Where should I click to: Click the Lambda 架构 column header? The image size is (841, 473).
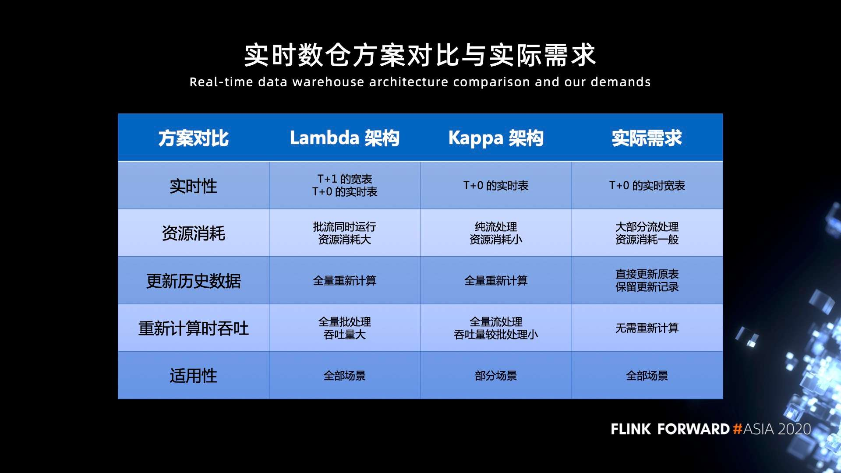coord(345,138)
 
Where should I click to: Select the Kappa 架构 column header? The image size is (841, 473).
coord(496,138)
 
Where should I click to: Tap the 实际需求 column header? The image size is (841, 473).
coord(647,138)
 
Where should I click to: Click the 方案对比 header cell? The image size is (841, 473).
coord(194,138)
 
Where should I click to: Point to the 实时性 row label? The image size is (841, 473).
coord(194,186)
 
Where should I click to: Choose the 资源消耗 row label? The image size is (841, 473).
coord(194,233)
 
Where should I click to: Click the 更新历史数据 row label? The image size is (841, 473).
coord(194,281)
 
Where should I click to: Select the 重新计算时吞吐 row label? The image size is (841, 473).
coord(194,328)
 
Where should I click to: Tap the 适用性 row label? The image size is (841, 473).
coord(194,376)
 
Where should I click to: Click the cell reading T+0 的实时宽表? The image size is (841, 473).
coord(647,186)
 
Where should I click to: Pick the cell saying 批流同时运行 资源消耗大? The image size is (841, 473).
coord(345,233)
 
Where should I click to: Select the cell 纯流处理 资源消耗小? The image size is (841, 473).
coord(496,233)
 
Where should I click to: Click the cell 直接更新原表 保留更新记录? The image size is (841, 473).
coord(647,280)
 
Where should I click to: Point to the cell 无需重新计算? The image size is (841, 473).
coord(647,328)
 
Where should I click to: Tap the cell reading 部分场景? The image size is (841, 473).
coord(496,376)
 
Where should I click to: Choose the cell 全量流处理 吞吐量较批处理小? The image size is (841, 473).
coord(496,328)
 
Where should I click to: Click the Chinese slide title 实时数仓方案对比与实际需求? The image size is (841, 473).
coord(420,55)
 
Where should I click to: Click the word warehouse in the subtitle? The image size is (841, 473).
coord(328,82)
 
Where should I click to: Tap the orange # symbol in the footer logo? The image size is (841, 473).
coord(738,429)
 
